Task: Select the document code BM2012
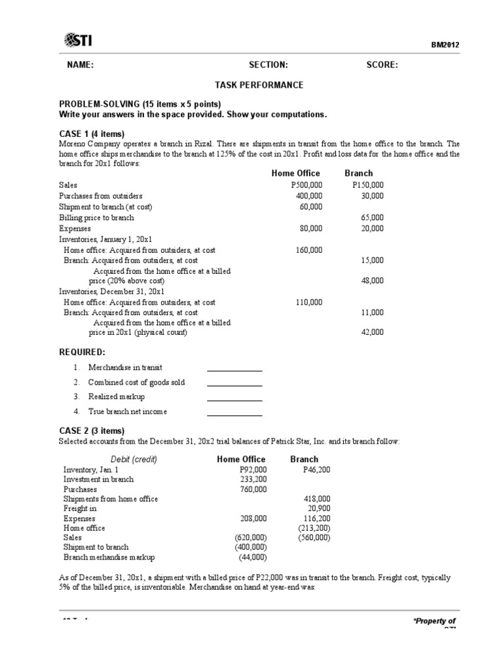[x=445, y=45]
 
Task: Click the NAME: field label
[x=80, y=64]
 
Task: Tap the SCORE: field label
[x=381, y=64]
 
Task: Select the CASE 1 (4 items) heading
[x=91, y=134]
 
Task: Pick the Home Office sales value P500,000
[x=307, y=185]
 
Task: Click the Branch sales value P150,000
[x=368, y=185]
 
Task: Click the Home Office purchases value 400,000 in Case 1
[x=308, y=196]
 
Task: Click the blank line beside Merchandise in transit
[x=234, y=368]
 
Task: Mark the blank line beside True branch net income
[x=234, y=412]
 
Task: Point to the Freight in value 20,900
[x=318, y=508]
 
